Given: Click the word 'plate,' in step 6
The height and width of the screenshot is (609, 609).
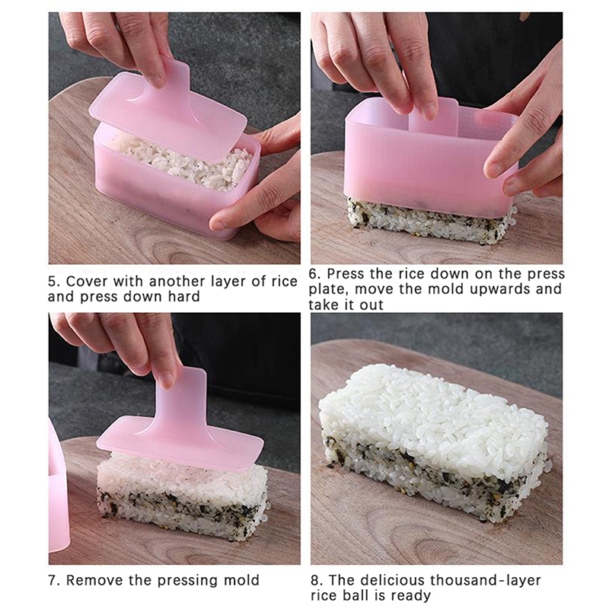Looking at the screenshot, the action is (x=329, y=289).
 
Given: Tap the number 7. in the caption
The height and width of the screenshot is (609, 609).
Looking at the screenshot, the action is (x=54, y=580).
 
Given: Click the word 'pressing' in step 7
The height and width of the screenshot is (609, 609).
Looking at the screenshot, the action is (x=188, y=581).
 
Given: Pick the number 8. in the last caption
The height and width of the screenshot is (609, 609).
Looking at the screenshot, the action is (x=317, y=580).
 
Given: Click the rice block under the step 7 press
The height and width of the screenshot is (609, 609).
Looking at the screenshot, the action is (x=183, y=497).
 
